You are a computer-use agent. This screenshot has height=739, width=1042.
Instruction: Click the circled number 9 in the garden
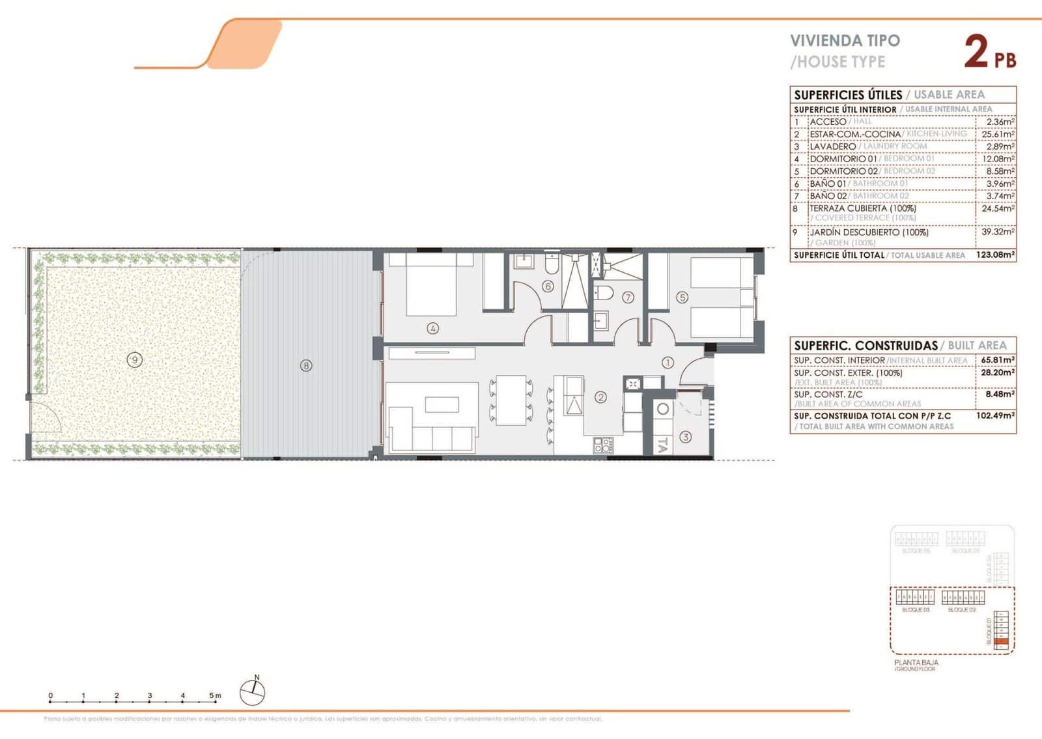[x=134, y=359]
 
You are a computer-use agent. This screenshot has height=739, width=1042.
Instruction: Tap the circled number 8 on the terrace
[x=306, y=365]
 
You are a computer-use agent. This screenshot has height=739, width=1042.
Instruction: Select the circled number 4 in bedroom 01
[x=432, y=328]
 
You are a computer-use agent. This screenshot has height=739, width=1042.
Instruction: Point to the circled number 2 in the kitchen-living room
[x=600, y=397]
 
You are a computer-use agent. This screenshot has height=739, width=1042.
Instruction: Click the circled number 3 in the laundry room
[x=685, y=437]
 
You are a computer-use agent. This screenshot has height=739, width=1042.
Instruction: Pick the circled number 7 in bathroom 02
[x=628, y=297]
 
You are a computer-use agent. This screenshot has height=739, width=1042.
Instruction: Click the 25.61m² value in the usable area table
[x=998, y=134]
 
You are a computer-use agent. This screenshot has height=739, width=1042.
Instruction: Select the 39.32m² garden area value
[x=998, y=232]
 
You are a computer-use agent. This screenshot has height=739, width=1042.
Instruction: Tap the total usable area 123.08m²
[x=995, y=255]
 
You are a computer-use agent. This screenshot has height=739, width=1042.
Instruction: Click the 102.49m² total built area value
[x=995, y=415]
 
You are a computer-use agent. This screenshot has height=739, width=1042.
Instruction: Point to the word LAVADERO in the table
[x=832, y=146]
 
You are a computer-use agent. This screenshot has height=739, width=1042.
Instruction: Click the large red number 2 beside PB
[x=976, y=52]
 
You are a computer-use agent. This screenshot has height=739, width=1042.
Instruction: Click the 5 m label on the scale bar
[x=215, y=695]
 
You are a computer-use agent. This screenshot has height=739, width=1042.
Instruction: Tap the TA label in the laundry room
[x=662, y=445]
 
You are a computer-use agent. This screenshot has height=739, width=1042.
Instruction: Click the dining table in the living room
[x=512, y=400]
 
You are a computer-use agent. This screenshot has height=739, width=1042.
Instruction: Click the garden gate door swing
[x=46, y=417]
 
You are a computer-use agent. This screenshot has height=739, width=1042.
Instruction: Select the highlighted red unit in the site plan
[x=1002, y=642]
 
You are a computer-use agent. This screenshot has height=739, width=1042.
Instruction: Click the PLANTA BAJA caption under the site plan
[x=916, y=662]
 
